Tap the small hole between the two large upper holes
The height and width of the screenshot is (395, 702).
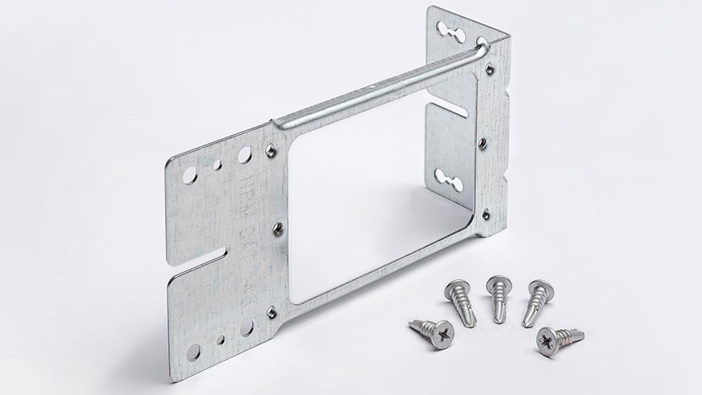[217, 165]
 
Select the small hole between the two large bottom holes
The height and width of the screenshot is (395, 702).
[221, 340]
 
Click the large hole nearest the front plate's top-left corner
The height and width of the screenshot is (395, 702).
[190, 176]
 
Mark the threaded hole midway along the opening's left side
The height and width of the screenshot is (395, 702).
[278, 228]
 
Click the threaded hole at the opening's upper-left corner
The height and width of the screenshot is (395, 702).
[272, 150]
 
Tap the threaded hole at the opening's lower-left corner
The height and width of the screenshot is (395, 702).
[272, 312]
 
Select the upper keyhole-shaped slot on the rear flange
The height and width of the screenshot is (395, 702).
[450, 31]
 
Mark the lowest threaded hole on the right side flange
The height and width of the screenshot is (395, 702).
[487, 214]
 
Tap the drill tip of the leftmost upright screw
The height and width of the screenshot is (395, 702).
[469, 320]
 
